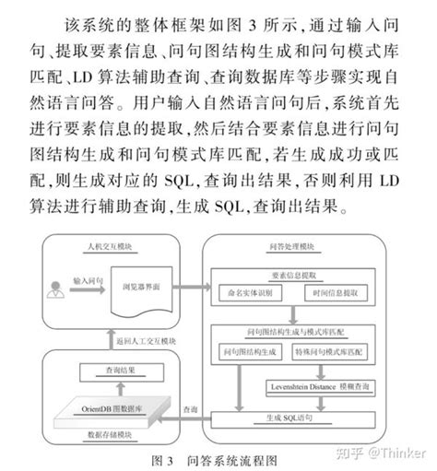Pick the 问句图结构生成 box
254,352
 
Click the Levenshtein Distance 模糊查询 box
313,385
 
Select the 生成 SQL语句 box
296,418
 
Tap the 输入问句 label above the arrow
87,277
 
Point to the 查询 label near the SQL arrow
189,408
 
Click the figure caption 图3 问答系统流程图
218,458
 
